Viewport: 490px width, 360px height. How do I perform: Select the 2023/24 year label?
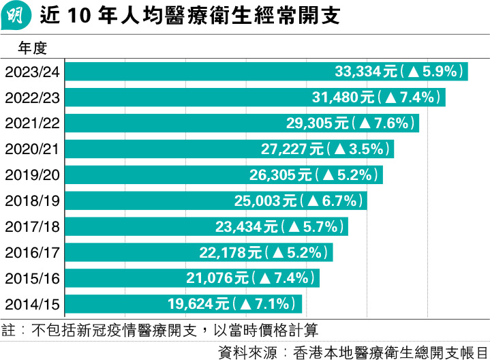tap(33, 72)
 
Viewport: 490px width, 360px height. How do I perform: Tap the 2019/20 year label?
tap(33, 175)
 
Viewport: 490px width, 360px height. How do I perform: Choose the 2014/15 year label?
tap(33, 304)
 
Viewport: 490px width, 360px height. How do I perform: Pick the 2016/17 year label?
tap(33, 252)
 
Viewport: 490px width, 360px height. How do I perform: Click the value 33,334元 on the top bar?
tap(366, 71)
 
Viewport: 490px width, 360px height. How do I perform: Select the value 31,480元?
tap(345, 97)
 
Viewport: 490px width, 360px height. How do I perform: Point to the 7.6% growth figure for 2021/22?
tap(391, 123)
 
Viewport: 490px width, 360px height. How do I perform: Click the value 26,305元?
tap(281, 175)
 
